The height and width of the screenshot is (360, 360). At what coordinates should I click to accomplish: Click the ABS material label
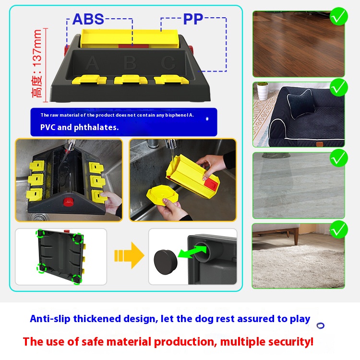point(88,19)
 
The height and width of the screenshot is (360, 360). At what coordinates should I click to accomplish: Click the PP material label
point(193,19)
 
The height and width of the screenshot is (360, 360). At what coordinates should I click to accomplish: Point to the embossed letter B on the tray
point(130,62)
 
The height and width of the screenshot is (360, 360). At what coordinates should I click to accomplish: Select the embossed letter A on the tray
point(92,62)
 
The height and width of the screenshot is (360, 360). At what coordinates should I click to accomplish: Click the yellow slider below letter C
point(171,79)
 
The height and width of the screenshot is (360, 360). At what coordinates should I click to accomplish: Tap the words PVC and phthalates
point(79,127)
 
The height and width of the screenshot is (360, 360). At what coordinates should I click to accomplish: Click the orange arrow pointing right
point(129,255)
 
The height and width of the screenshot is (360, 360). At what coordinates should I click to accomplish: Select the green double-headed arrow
point(192,252)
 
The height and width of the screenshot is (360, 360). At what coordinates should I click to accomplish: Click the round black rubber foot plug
point(166,262)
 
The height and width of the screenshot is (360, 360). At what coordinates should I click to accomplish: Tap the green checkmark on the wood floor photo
point(339,16)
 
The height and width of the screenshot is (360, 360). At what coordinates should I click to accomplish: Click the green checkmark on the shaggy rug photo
point(339,229)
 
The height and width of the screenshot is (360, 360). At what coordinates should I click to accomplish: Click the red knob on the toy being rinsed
point(68,202)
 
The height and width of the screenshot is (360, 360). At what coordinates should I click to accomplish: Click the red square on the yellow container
point(211,184)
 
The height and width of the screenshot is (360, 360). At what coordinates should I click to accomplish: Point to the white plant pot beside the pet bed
point(263,91)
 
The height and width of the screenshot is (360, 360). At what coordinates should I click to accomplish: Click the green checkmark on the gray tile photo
point(339,158)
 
